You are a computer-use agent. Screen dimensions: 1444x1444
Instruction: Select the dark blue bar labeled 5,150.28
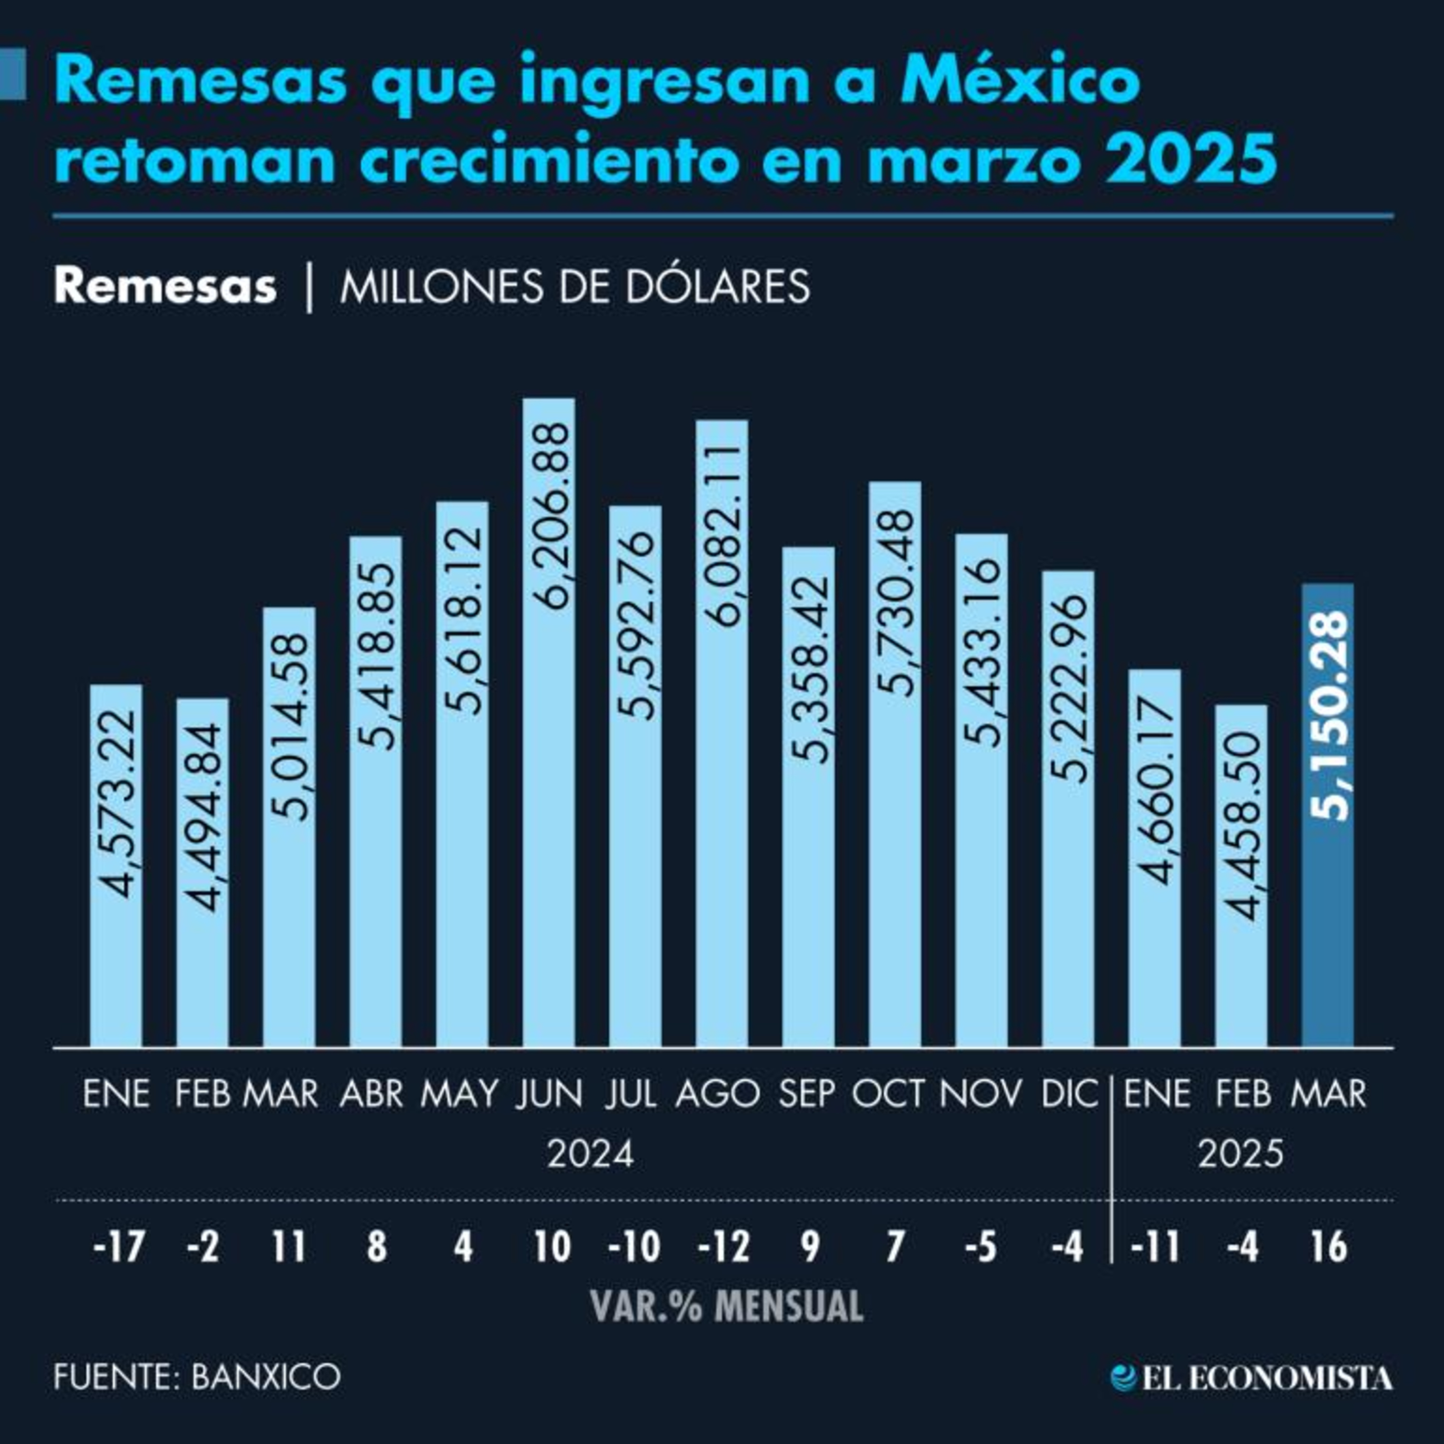click(x=1328, y=815)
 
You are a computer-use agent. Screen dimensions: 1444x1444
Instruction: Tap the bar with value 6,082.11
click(x=721, y=733)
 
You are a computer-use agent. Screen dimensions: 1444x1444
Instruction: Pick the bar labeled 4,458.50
click(x=1241, y=875)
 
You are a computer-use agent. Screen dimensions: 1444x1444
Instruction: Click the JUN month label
click(x=549, y=1094)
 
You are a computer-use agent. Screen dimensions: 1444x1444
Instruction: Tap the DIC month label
click(x=1070, y=1094)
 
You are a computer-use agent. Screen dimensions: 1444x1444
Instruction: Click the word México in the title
click(x=1020, y=81)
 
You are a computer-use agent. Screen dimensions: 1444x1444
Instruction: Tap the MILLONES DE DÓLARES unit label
click(x=575, y=286)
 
